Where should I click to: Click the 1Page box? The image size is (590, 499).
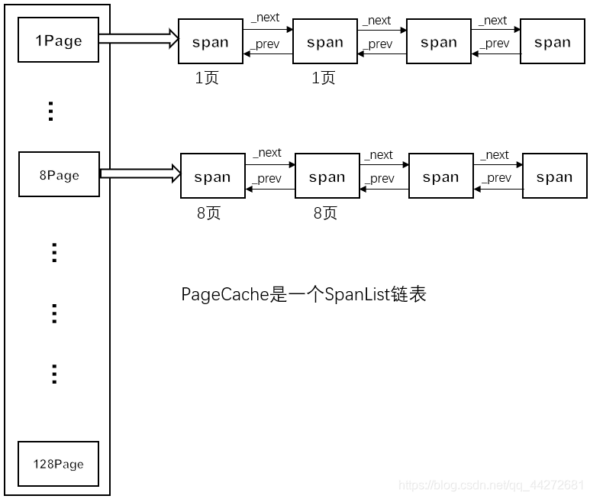click(59, 41)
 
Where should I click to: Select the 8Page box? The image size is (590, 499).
click(59, 175)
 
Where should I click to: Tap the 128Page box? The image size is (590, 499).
click(58, 464)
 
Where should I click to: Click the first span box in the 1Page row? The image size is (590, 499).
click(210, 42)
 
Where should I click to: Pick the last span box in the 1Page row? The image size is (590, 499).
click(553, 42)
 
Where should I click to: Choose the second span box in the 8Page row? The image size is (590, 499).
click(327, 177)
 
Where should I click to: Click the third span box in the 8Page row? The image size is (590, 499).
click(440, 177)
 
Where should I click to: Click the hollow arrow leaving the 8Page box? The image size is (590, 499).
click(140, 173)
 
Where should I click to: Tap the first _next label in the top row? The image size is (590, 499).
click(266, 18)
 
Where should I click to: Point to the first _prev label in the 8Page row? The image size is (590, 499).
click(267, 179)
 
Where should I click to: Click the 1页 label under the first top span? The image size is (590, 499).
click(207, 78)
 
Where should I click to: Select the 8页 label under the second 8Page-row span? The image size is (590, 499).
click(324, 213)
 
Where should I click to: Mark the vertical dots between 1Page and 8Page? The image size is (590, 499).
click(51, 112)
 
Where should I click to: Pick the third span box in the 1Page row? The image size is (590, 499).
click(439, 42)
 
